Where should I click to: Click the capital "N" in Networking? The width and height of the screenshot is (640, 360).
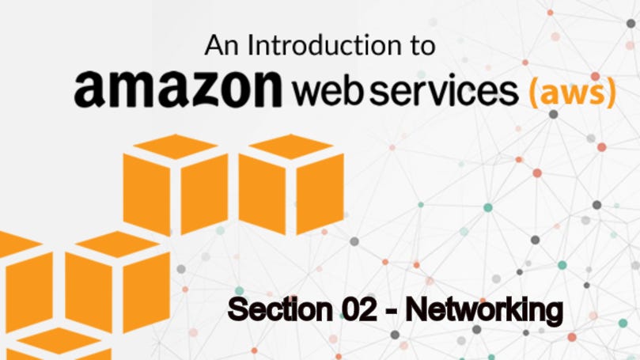(x=416, y=309)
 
